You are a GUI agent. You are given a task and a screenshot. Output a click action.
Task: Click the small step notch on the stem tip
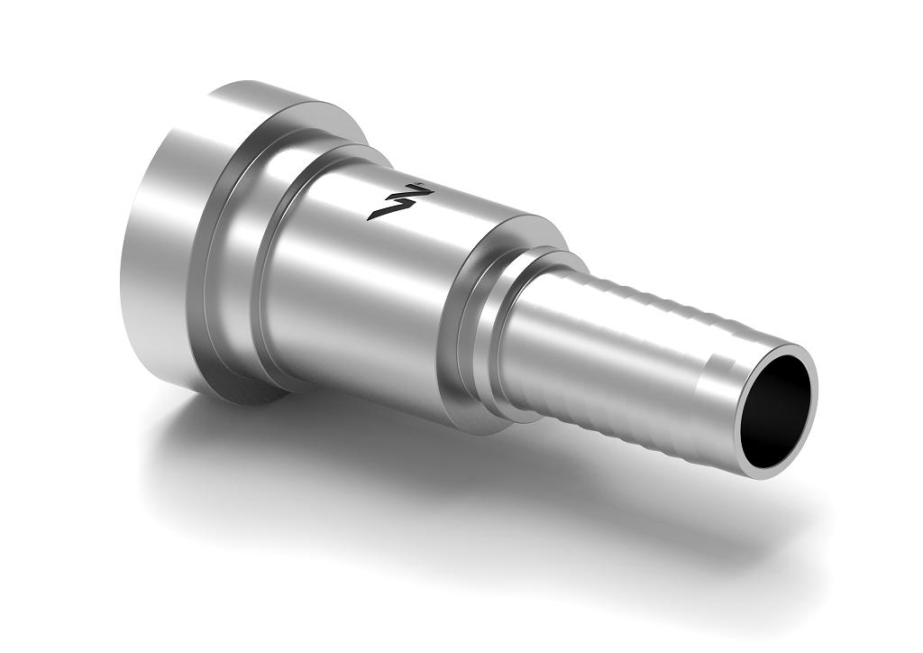click(x=712, y=361)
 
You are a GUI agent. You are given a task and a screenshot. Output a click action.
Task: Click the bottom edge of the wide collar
click(x=478, y=424)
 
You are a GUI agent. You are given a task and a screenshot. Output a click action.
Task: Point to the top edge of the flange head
click(x=261, y=90)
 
